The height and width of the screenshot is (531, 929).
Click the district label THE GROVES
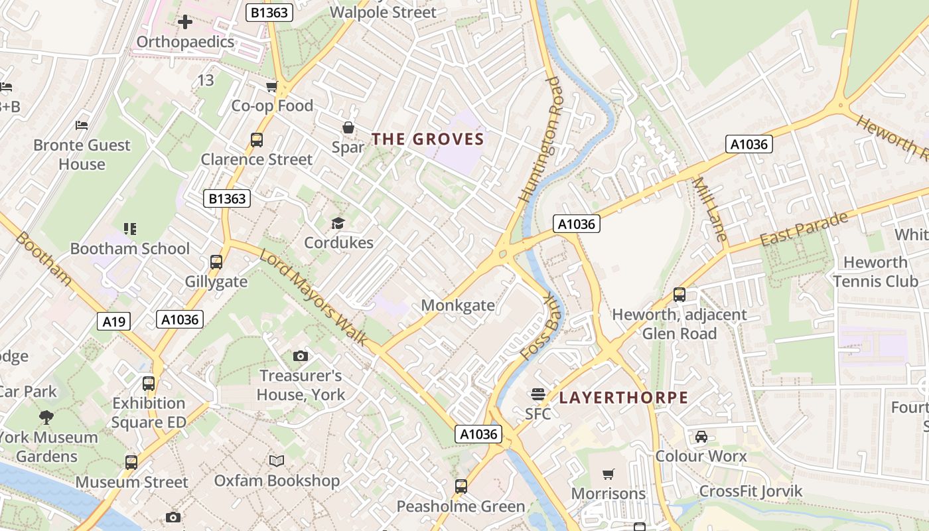[427, 139]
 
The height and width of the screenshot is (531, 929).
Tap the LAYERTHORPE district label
[623, 398]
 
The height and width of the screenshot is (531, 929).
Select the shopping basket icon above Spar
[348, 127]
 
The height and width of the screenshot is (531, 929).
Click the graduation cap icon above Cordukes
[338, 223]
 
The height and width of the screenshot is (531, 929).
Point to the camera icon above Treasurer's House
[301, 356]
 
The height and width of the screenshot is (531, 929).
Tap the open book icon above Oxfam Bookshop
[277, 461]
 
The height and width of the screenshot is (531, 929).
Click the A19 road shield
[114, 322]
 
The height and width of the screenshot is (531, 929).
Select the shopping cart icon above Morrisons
[608, 474]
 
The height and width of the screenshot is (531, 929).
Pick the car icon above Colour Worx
[701, 437]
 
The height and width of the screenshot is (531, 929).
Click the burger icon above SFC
[538, 394]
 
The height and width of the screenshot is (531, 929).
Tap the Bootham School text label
[130, 249]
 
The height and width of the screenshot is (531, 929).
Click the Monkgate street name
[458, 305]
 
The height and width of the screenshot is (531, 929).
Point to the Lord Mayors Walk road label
[313, 297]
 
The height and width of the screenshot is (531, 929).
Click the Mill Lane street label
[710, 209]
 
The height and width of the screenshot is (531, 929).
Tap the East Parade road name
[804, 229]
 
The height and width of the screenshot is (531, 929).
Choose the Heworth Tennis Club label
[875, 271]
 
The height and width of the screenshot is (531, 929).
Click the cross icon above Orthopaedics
[185, 23]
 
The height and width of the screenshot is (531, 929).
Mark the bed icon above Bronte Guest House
[82, 125]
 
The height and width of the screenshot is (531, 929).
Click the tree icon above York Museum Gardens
[46, 417]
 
